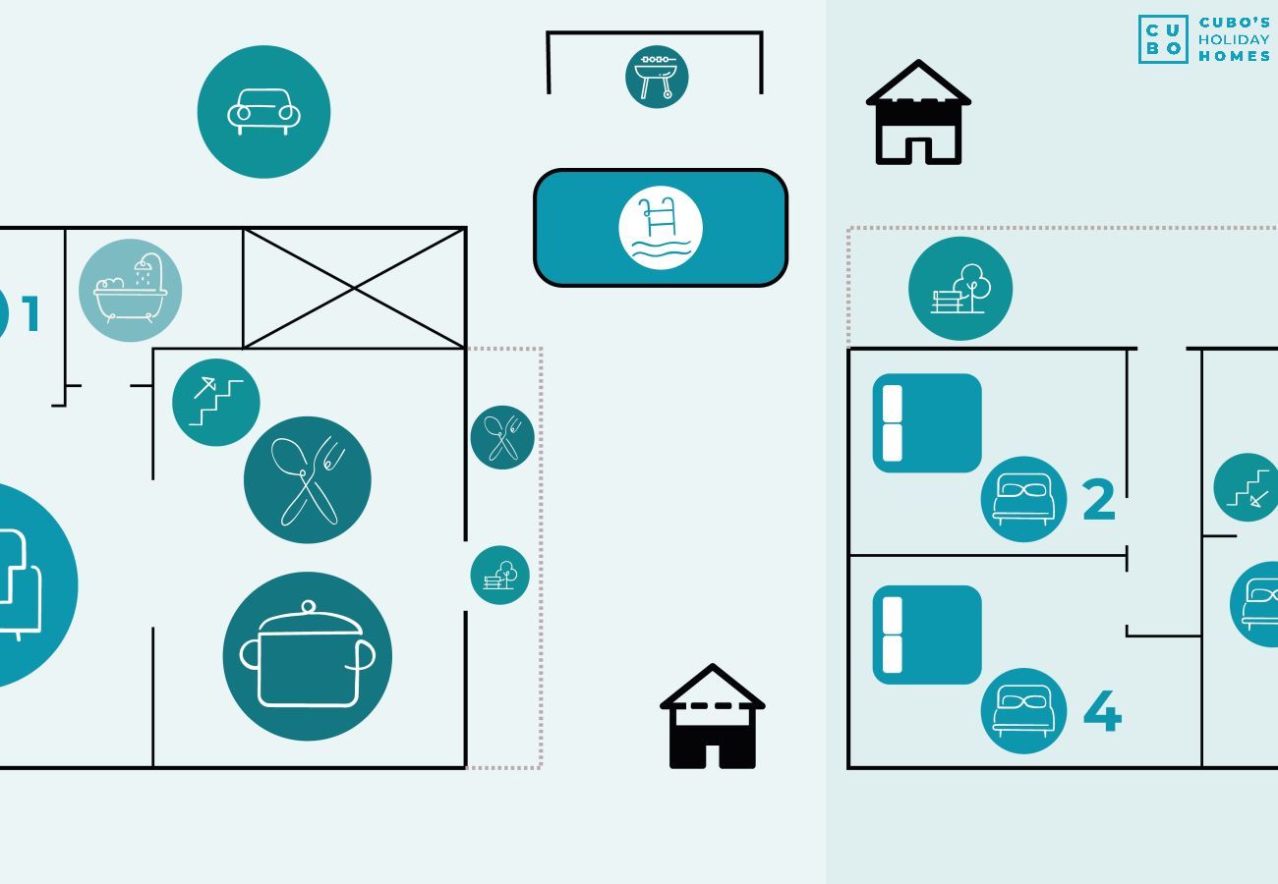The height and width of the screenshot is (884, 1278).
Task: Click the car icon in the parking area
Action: (263, 112)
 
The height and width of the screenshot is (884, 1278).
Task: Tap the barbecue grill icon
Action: (657, 77)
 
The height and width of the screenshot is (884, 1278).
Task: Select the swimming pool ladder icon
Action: (661, 228)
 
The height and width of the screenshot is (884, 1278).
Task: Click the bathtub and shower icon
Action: (130, 290)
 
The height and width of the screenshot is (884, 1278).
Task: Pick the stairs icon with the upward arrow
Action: (215, 403)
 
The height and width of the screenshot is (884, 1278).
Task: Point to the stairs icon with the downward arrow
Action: (1248, 487)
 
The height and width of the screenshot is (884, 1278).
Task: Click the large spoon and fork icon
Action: (308, 480)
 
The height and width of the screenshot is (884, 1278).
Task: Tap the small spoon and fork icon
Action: (502, 437)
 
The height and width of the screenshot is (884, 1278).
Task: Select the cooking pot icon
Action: (308, 656)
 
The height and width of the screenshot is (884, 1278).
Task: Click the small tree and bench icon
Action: (499, 575)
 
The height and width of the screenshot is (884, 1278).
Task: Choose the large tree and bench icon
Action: (960, 289)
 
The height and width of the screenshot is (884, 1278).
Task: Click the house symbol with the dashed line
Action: (712, 716)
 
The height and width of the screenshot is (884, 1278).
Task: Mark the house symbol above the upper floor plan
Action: (918, 112)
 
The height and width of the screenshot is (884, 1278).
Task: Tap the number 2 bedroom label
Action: (1098, 499)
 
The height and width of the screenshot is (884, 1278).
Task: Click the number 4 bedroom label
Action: (1102, 711)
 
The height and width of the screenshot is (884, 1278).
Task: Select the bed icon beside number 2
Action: (1023, 499)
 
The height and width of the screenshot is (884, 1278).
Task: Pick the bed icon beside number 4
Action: (1023, 711)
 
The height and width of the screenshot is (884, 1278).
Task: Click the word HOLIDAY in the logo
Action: (1234, 39)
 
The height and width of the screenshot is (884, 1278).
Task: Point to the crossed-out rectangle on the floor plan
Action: (354, 289)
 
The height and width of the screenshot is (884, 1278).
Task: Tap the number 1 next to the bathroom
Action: (30, 313)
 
